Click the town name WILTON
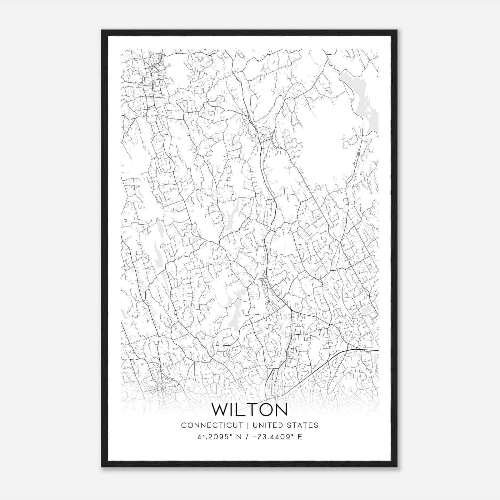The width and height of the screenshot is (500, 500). click(x=250, y=410)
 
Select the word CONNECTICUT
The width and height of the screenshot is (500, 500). click(x=212, y=425)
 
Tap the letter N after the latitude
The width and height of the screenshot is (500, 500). click(x=239, y=437)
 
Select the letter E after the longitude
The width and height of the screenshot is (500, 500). click(x=300, y=437)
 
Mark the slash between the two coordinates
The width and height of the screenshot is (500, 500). click(x=247, y=437)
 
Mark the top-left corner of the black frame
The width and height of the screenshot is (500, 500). click(x=102, y=30)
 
